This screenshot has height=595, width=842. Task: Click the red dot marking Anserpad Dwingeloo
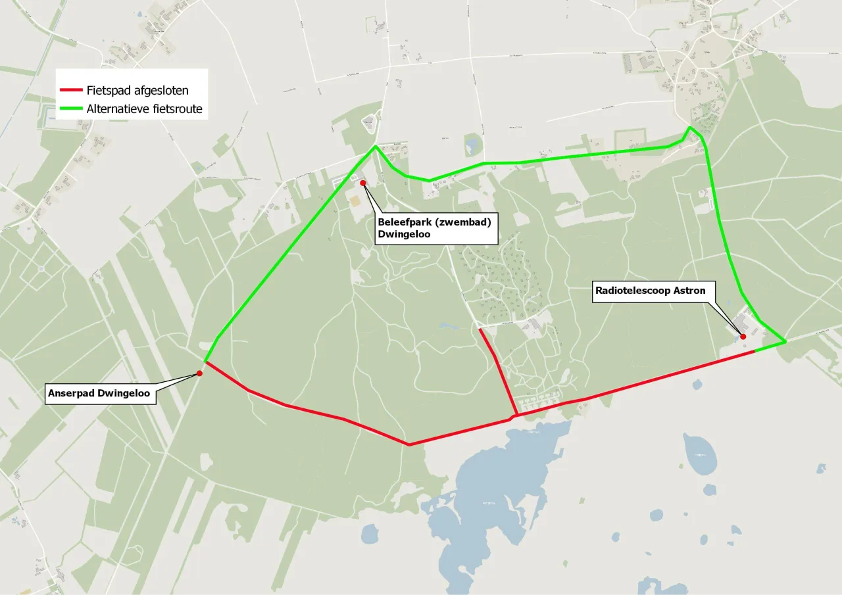point(199,373)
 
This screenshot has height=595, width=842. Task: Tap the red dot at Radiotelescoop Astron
point(743,337)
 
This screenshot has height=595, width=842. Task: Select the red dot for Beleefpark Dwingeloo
point(362,183)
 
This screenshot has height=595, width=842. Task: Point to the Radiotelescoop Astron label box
point(650,291)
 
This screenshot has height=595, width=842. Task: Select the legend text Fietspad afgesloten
point(137,91)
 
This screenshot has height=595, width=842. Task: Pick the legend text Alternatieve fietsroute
point(144,109)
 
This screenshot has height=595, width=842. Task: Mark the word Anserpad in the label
point(68,394)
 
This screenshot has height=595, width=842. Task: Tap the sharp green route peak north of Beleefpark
point(376,146)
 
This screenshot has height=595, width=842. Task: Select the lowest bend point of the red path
point(409,445)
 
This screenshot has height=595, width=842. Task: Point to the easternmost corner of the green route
point(785,342)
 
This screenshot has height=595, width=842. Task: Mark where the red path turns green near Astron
point(755,352)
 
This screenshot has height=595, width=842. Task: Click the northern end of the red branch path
point(480,328)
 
